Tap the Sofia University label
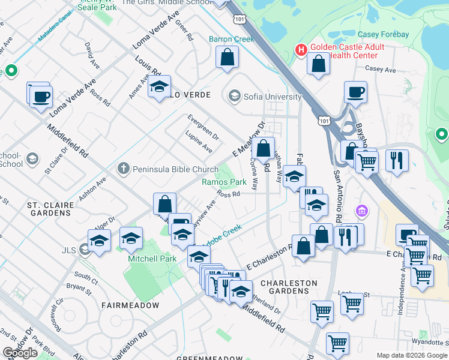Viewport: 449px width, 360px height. tap(271, 96)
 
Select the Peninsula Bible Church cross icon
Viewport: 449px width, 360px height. tap(123, 169)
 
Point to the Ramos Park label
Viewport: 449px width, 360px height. tap(224, 181)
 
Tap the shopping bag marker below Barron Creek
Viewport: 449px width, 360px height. tap(228, 58)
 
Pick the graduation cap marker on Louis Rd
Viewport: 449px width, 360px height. tap(159, 87)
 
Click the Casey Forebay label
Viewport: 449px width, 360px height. tap(383, 34)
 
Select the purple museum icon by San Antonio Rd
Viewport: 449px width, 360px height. tap(362, 211)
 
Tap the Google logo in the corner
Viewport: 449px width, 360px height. tap(20, 353)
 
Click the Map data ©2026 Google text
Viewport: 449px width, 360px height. tap(412, 355)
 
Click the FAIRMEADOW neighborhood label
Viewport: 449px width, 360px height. tap(130, 305)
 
